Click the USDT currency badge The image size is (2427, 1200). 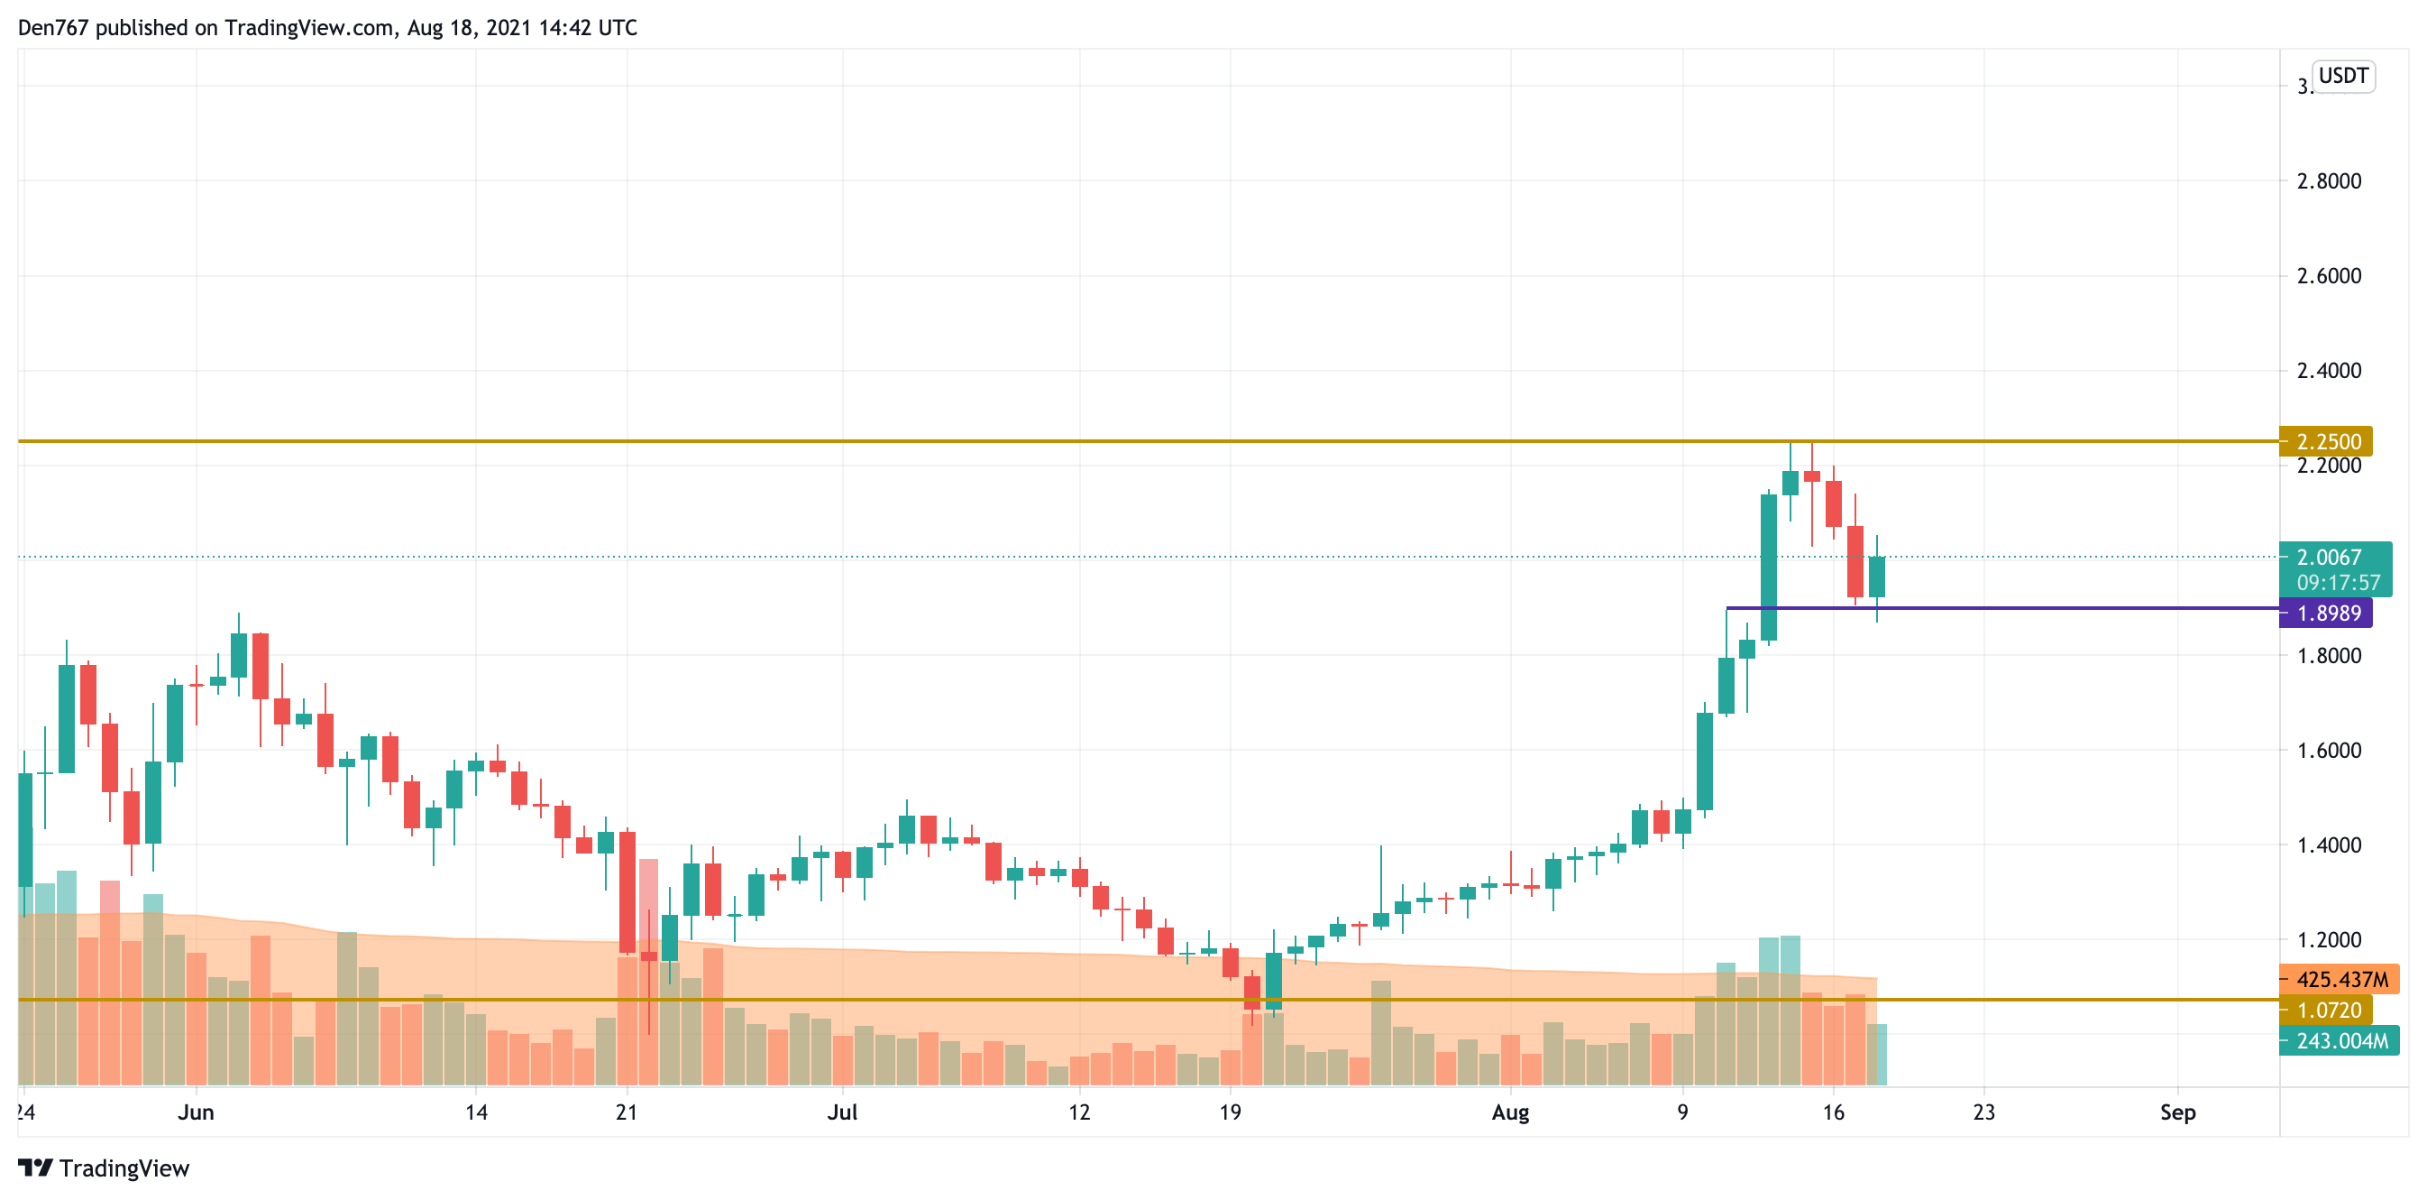2342,76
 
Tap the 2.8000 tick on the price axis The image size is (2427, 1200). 2328,181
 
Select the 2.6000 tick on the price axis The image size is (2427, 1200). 2328,276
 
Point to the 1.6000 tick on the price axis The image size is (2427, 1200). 2328,751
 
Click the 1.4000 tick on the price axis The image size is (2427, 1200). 2328,845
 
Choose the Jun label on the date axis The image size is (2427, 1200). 196,1112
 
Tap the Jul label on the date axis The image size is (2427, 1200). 841,1112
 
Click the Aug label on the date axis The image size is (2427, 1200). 1509,1112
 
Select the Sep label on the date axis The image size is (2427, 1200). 2177,1112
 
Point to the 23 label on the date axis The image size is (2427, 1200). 1983,1112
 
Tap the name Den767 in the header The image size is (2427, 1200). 53,27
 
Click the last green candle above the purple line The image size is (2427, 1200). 1876,576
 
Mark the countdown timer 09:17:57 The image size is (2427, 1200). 2338,583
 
